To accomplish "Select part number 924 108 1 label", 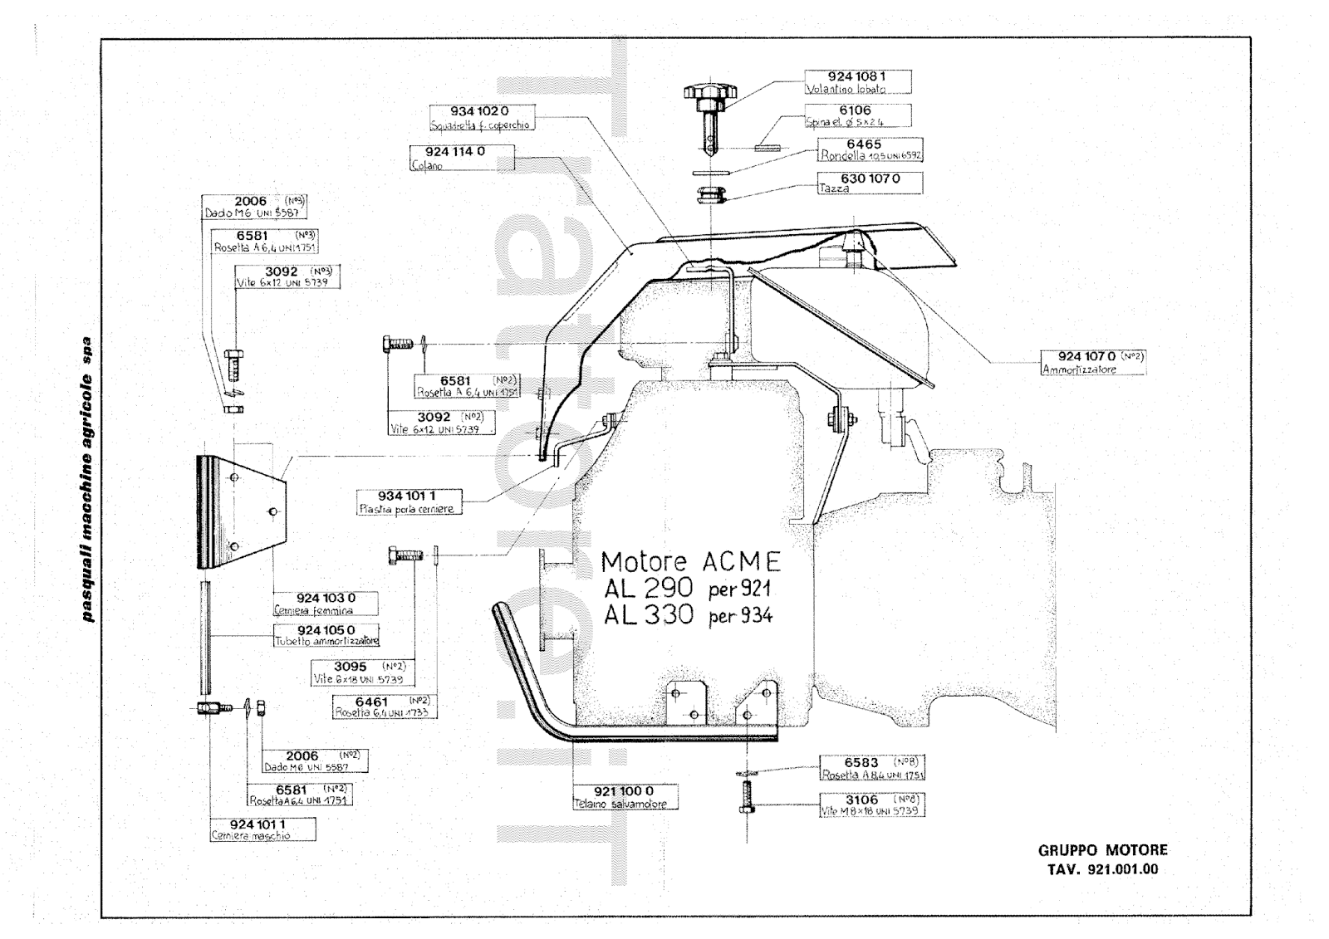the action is tap(858, 81).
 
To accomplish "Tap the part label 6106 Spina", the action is tap(856, 115).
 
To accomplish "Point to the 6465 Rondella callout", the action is tap(870, 149).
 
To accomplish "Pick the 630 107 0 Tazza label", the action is tap(869, 183).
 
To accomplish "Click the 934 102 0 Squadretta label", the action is tap(480, 117).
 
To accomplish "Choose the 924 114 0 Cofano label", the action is tap(462, 157).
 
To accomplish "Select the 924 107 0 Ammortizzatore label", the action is tap(1093, 362).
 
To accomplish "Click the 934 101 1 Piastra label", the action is tap(408, 501).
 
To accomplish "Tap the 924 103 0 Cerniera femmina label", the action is tap(326, 603).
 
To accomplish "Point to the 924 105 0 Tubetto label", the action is tap(326, 635).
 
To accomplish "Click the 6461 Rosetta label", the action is tap(383, 707).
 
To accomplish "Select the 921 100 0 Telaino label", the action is tap(625, 797).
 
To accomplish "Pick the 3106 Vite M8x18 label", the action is tap(871, 805).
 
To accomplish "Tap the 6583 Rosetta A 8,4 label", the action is tap(871, 768).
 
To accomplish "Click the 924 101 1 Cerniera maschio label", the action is tap(263, 829).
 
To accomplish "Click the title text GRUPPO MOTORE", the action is tap(1102, 850).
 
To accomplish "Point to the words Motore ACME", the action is tap(690, 562).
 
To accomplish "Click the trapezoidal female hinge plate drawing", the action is tap(240, 511).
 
